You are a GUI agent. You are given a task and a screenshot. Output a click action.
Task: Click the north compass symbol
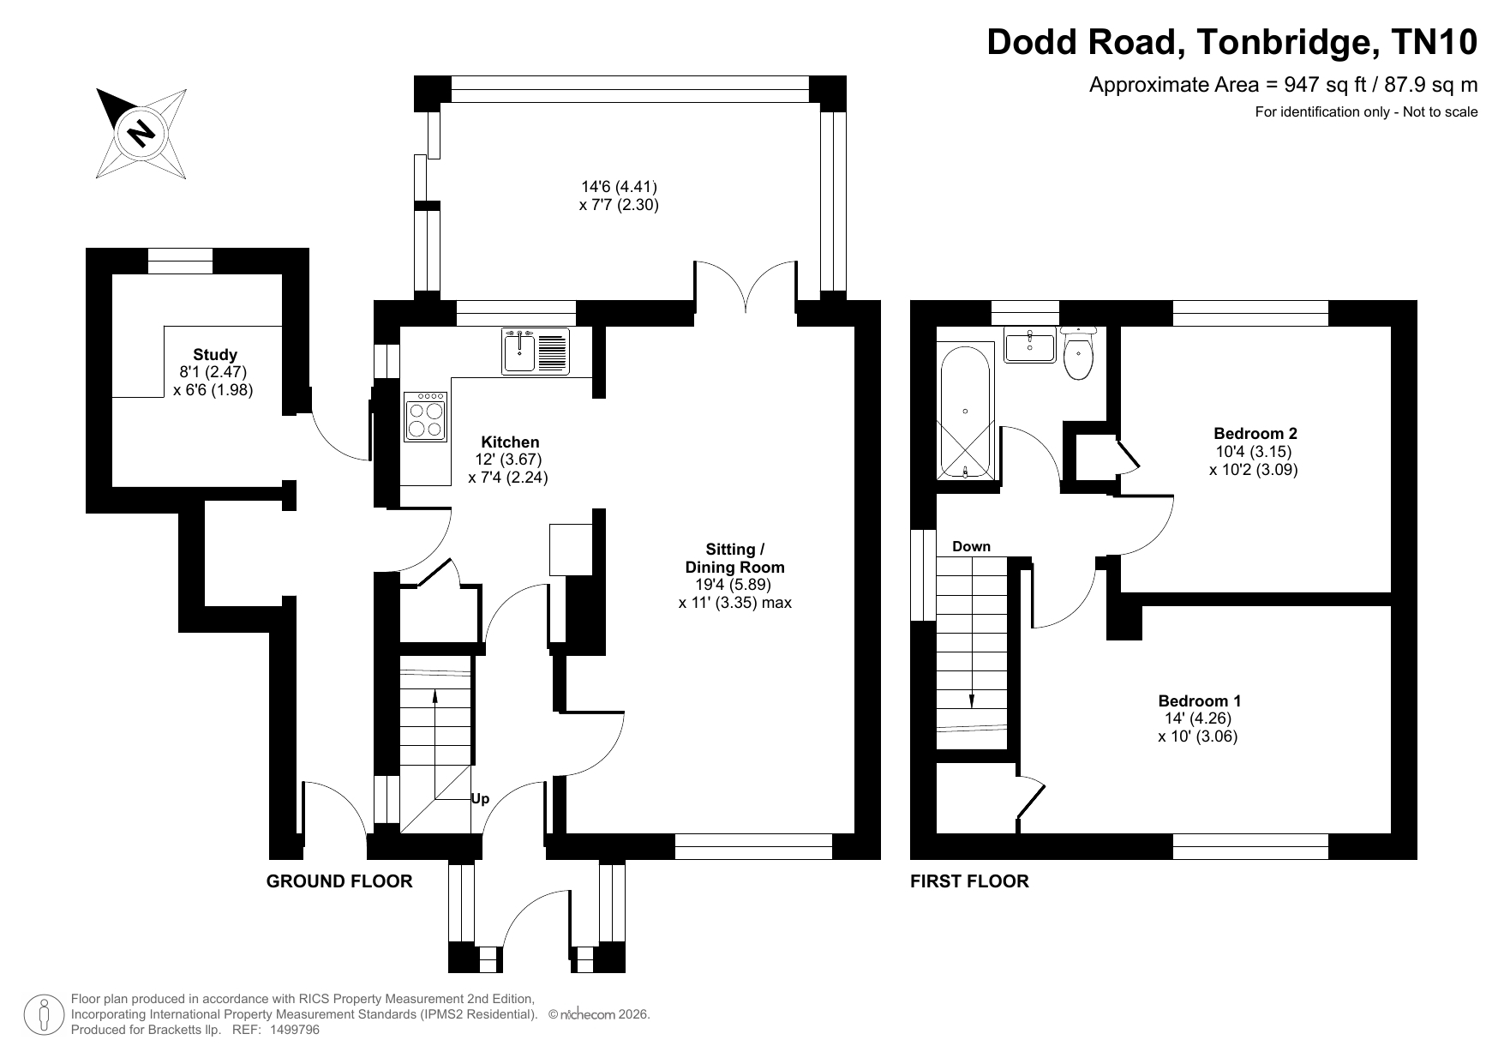point(141,133)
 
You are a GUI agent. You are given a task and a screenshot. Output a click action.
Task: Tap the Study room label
point(215,354)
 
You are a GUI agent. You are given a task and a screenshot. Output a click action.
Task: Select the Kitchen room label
point(510,442)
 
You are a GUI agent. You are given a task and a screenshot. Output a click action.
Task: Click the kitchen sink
point(535,352)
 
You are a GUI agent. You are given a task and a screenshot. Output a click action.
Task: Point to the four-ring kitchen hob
point(425,417)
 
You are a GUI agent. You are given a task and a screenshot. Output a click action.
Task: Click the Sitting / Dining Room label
point(734,557)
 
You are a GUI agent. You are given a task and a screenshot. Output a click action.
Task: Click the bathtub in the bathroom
point(966,412)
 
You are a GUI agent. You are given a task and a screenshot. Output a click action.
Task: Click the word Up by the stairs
point(480,798)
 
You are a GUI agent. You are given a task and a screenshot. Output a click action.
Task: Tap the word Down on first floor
point(971,546)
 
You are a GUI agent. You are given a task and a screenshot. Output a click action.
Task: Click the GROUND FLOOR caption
point(339,881)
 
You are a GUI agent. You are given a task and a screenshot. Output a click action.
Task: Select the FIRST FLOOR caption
point(969,881)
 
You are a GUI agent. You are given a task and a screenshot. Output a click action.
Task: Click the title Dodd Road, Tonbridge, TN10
point(1232,41)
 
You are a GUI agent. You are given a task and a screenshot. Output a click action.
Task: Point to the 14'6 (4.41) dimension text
point(619,186)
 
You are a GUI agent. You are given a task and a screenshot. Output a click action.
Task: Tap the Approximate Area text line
point(1283,85)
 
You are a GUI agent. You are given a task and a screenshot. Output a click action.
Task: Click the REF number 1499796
point(294,1030)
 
